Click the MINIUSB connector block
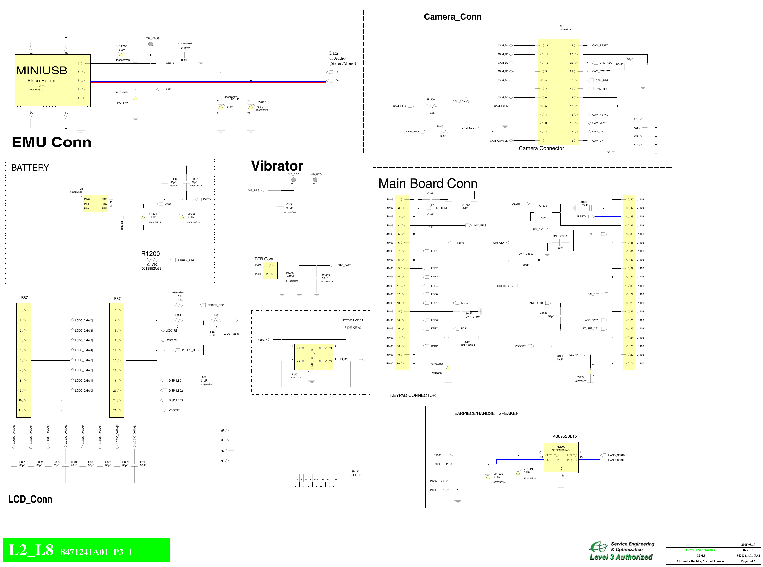click(53, 80)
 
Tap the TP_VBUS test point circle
click(151, 44)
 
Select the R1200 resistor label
click(150, 254)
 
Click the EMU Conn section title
click(51, 142)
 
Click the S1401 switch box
click(314, 357)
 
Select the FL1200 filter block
click(561, 458)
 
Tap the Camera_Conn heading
click(452, 17)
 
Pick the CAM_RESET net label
click(600, 46)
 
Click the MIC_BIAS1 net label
click(480, 225)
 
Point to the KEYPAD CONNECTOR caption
click(413, 395)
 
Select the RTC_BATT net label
click(344, 265)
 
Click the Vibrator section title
click(277, 166)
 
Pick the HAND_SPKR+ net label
click(617, 460)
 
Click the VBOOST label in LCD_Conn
click(174, 410)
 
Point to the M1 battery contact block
click(96, 204)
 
